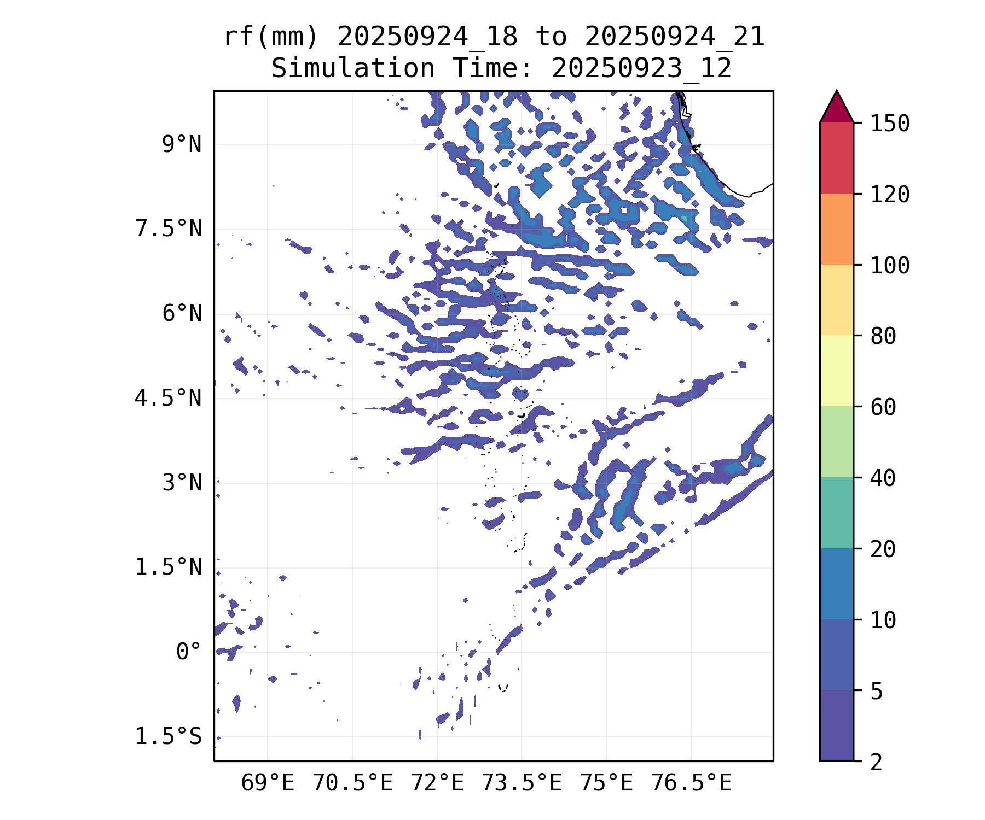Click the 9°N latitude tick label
point(181,145)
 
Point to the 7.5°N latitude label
point(168,229)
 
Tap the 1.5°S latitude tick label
point(168,736)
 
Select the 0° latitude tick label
point(188,652)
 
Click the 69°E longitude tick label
point(268,783)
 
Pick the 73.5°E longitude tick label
point(521,783)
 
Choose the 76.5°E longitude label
point(691,783)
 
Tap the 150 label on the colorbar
point(890,124)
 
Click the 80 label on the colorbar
point(883,336)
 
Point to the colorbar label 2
point(877,762)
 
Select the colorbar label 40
point(883,478)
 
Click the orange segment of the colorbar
point(836,229)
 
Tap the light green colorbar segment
point(836,442)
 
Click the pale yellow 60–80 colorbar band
point(836,371)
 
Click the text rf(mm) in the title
point(270,37)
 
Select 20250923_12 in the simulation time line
point(641,69)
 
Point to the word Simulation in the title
point(353,69)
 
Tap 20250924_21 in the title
point(674,37)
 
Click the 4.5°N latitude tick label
point(168,398)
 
